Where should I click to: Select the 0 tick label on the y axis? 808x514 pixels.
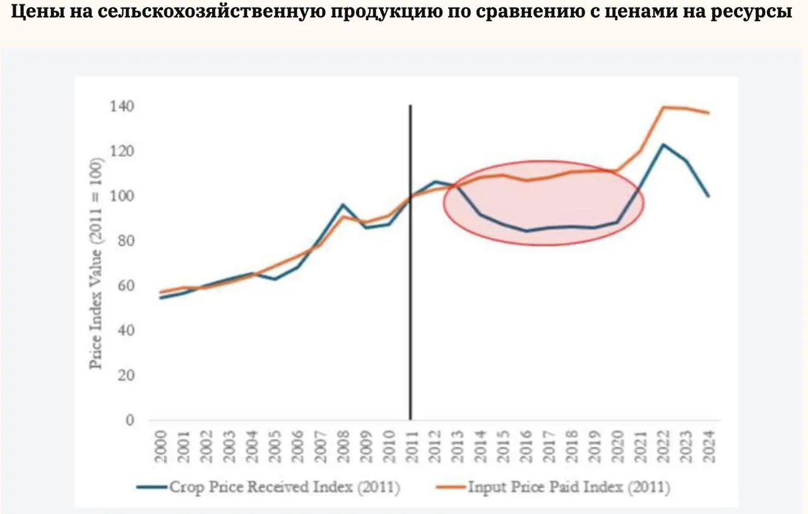(x=129, y=421)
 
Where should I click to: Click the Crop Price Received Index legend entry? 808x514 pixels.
(x=268, y=487)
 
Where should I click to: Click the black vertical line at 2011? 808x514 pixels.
(x=411, y=265)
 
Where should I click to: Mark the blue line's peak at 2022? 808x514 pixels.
(x=663, y=145)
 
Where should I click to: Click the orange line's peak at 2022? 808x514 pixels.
(x=663, y=107)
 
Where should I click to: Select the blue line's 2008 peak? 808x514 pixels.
(x=342, y=205)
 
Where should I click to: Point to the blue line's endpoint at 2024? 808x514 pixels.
(x=709, y=196)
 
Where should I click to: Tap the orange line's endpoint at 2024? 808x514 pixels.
(x=709, y=113)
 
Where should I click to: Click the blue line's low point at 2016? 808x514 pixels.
(x=526, y=230)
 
